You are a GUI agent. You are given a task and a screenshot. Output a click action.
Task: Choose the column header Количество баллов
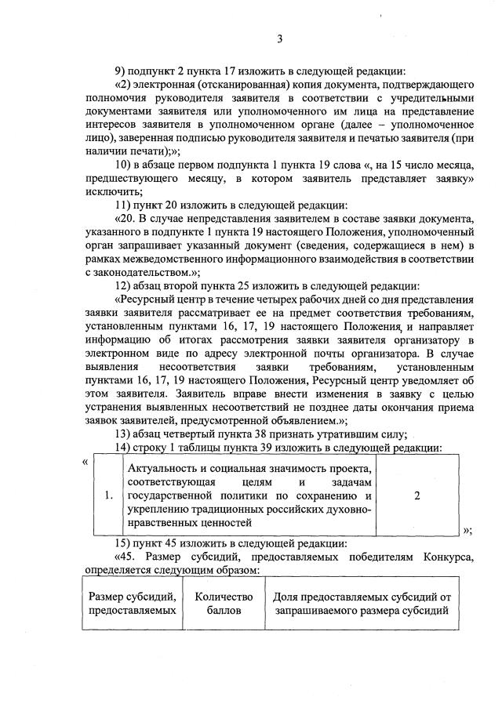224,604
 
